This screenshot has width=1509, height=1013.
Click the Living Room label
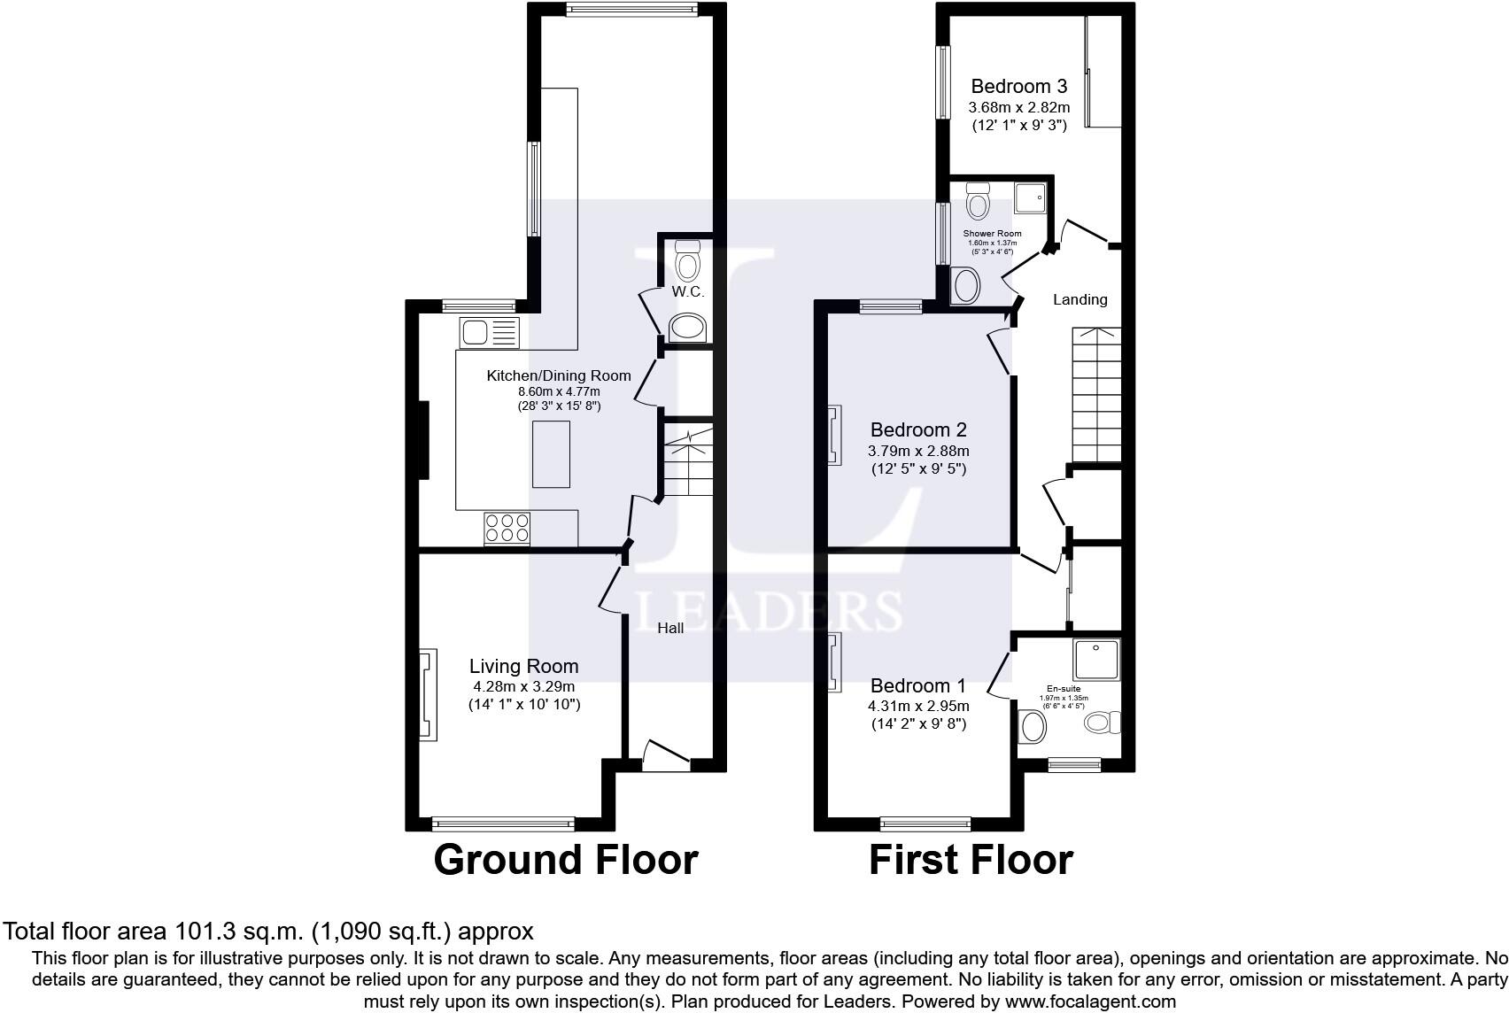[523, 666]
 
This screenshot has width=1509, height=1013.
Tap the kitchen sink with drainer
[490, 333]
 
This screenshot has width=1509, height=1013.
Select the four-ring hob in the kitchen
[507, 529]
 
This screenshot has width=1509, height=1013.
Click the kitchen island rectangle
[551, 454]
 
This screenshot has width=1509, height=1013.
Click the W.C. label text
[688, 292]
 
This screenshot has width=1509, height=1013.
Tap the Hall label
[670, 629]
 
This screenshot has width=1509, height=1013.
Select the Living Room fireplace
[428, 694]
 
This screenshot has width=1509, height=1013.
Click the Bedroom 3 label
[1018, 86]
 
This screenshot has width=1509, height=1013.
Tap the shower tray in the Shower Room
[1030, 198]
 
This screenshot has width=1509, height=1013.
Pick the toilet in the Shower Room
[978, 201]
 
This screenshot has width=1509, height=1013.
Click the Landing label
[1080, 299]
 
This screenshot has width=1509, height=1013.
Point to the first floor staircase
[1096, 395]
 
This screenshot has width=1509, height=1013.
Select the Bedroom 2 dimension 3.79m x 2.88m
[918, 451]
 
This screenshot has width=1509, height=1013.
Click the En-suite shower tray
[1096, 660]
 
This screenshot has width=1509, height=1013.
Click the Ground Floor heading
[566, 860]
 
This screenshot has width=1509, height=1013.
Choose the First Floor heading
[971, 860]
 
